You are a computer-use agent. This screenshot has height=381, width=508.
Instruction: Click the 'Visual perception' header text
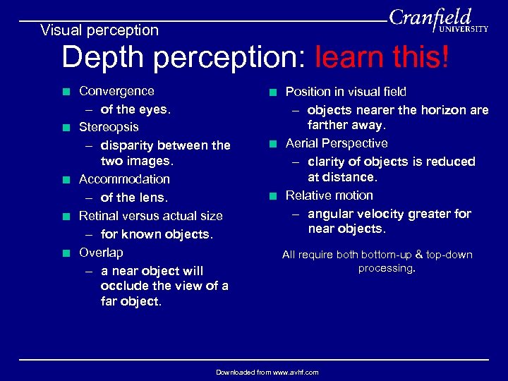click(x=99, y=30)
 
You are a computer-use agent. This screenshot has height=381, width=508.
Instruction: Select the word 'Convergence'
click(x=116, y=91)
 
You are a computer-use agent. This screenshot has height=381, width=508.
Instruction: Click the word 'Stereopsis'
click(x=109, y=128)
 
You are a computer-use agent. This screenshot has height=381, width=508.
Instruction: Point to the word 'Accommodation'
click(x=124, y=179)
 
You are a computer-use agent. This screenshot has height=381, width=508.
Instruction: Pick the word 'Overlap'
click(x=101, y=253)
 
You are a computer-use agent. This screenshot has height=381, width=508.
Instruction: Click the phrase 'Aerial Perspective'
click(x=337, y=143)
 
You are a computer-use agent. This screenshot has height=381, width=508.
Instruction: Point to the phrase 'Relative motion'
click(x=329, y=195)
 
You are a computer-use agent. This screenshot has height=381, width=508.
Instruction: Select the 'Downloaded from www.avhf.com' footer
click(x=267, y=372)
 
